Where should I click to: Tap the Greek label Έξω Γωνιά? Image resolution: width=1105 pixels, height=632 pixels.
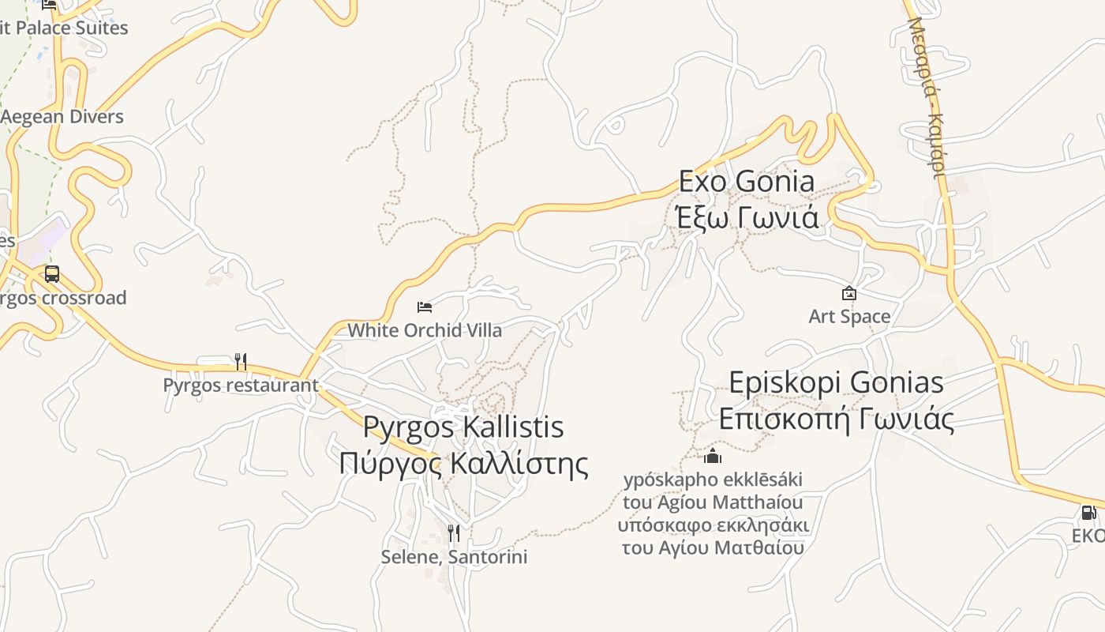pos(747,216)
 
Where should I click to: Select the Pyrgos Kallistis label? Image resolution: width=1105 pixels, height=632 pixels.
pos(463,427)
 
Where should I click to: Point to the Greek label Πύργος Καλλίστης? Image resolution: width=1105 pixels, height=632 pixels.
pos(463,463)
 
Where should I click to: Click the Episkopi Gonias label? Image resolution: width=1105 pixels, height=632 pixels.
pos(836,383)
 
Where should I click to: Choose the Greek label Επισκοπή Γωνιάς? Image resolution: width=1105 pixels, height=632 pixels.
pos(836,419)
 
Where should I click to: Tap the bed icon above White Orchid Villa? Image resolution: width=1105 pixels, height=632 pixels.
pos(425,307)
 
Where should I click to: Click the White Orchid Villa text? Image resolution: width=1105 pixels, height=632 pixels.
pos(425,330)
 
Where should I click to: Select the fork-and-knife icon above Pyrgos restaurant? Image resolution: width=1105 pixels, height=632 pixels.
pos(241,362)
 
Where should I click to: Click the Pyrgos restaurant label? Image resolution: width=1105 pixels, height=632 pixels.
pos(241,386)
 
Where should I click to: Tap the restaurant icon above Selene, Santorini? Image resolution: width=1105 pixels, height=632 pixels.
pos(454,533)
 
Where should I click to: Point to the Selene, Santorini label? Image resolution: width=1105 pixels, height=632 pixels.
pos(454,557)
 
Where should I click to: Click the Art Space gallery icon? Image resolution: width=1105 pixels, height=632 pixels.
pos(849,293)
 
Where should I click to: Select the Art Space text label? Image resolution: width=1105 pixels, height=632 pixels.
pos(849,317)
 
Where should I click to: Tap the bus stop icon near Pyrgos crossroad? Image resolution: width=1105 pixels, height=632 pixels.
pos(52,274)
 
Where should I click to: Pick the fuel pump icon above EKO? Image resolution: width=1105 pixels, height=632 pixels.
pos(1088,513)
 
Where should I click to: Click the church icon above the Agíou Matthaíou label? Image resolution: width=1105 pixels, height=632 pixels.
pos(713,456)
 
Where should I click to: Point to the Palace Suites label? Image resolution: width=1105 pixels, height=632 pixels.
pos(67,28)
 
